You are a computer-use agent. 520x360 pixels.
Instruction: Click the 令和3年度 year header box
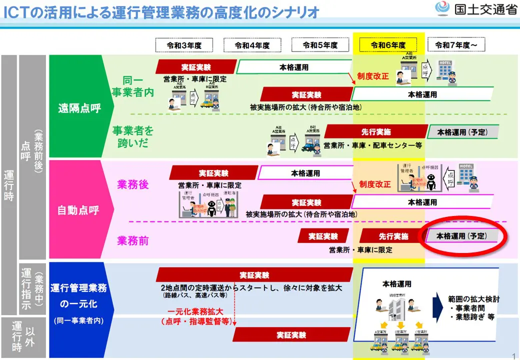pyautogui.click(x=184, y=45)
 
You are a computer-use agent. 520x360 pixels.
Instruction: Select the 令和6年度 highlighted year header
pyautogui.click(x=388, y=45)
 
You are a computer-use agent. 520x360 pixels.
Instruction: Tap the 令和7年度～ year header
pyautogui.click(x=456, y=45)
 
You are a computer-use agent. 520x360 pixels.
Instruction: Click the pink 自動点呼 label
pyautogui.click(x=78, y=209)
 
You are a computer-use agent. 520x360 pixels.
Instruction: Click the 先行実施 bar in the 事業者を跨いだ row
pyautogui.click(x=376, y=132)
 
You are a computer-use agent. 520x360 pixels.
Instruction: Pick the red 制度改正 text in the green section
pyautogui.click(x=373, y=76)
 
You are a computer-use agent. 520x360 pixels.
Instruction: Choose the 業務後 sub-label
pyautogui.click(x=133, y=184)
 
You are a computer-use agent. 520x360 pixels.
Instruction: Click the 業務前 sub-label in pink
pyautogui.click(x=133, y=240)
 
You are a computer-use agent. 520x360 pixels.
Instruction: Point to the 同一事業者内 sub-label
pyautogui.click(x=132, y=86)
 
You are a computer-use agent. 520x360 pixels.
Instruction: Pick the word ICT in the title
pyautogui.click(x=17, y=11)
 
